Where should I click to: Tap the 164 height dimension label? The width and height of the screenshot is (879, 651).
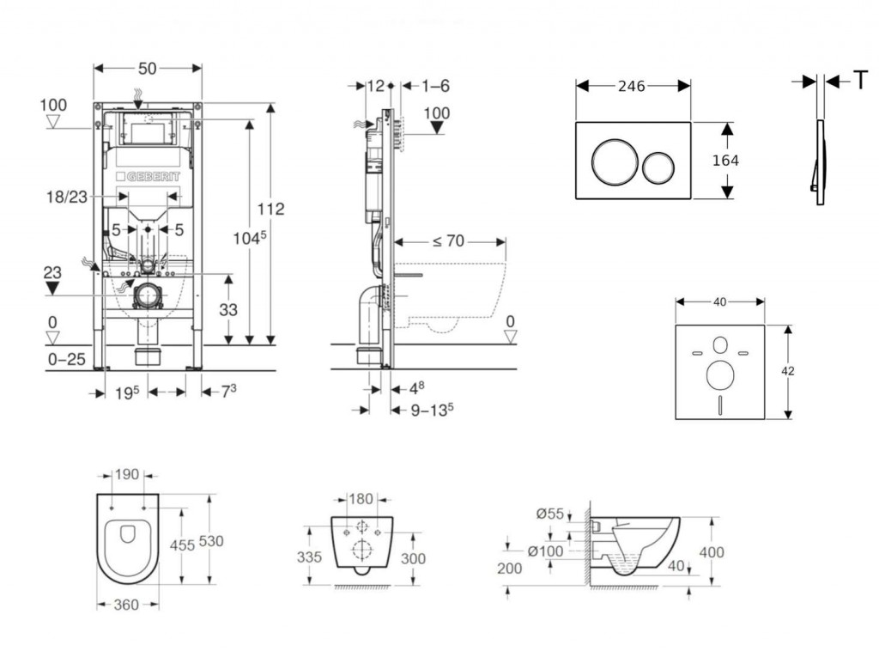(x=725, y=161)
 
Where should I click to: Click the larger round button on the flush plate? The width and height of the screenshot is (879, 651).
(x=613, y=161)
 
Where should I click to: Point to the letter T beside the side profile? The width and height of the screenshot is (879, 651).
(x=859, y=81)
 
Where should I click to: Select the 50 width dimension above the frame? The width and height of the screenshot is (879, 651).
(x=147, y=67)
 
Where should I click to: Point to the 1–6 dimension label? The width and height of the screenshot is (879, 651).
(x=437, y=85)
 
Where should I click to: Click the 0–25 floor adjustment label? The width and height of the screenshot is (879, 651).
(x=65, y=359)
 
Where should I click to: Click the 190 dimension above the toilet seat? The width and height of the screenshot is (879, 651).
(x=126, y=473)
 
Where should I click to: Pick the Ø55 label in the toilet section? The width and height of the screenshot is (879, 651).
(x=550, y=514)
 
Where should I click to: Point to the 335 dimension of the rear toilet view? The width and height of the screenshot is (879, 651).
(x=311, y=557)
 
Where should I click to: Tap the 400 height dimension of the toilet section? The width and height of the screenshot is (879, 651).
(x=712, y=551)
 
